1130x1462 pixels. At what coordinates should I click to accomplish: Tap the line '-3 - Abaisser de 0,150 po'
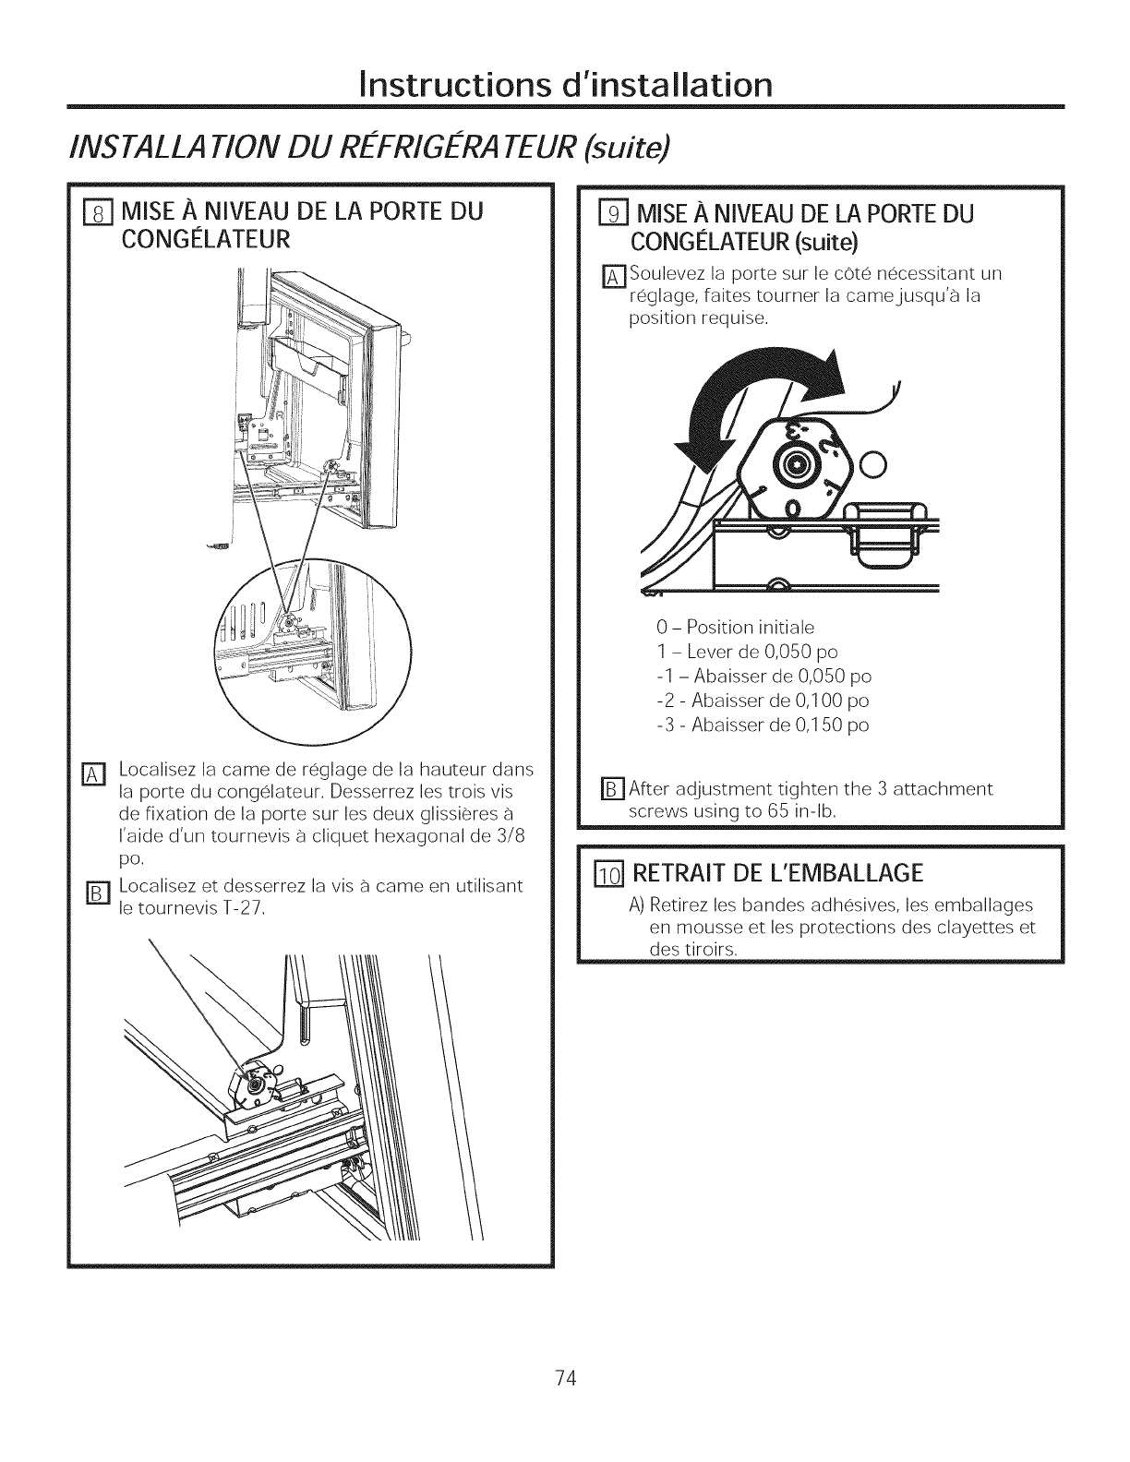[x=762, y=725]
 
